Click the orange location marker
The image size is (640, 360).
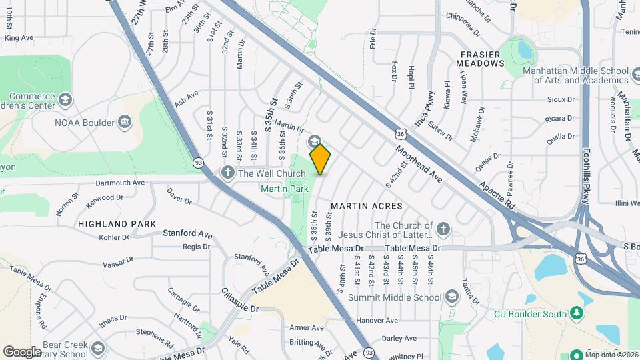coord(321,159)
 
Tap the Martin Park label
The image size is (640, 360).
coord(284,189)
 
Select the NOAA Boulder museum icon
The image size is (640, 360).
coord(124,121)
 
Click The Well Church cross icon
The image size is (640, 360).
coord(227,173)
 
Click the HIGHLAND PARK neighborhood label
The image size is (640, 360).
coord(117,224)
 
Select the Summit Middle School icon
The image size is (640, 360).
coord(451,296)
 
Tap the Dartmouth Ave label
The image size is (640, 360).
coord(120,182)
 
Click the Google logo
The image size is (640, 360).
coord(21,351)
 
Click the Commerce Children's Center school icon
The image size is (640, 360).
coord(65,100)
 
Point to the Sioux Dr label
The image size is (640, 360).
coord(561,99)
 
